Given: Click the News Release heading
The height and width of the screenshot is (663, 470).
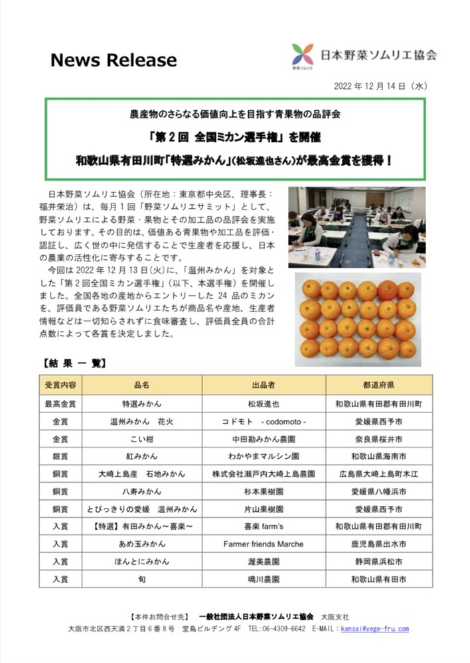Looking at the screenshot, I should tap(114, 60).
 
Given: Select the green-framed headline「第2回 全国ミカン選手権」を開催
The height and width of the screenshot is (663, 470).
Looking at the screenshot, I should tap(236, 138).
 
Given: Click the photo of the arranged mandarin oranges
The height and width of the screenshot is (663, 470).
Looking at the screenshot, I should tap(357, 319).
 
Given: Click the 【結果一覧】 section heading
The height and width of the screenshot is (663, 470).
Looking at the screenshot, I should tap(74, 363).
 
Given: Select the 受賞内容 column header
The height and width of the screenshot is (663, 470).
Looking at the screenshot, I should tap(60, 385).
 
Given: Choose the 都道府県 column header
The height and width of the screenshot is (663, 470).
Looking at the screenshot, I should tap(379, 385).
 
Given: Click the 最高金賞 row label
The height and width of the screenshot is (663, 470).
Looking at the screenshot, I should tap(60, 403).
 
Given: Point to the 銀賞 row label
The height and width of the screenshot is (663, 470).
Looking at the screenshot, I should tap(60, 456).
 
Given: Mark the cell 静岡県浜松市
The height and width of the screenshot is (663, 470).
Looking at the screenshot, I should tap(379, 561).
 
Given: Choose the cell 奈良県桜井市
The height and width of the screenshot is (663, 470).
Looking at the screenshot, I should tap(379, 438).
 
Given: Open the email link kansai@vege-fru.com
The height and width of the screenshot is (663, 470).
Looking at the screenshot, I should tap(379, 629).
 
